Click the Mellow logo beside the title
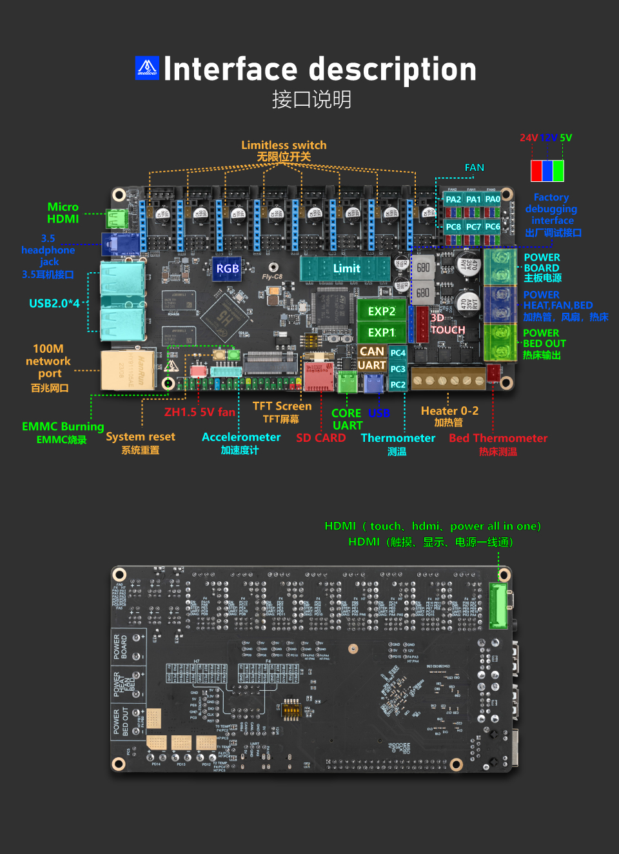click(147, 68)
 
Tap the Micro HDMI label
click(63, 213)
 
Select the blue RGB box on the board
click(228, 268)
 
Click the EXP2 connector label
click(382, 311)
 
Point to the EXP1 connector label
click(382, 332)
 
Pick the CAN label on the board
click(372, 352)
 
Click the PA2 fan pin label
click(453, 199)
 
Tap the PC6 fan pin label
click(493, 226)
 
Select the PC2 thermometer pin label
click(398, 384)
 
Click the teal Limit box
click(346, 268)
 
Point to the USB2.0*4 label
click(54, 303)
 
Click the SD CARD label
click(321, 438)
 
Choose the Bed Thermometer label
click(498, 438)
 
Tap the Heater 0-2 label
click(449, 411)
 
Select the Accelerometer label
click(241, 437)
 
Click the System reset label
click(141, 437)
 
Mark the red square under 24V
click(536, 170)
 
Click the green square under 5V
click(558, 170)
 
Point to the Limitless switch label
click(284, 145)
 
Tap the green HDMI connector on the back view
click(499, 606)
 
